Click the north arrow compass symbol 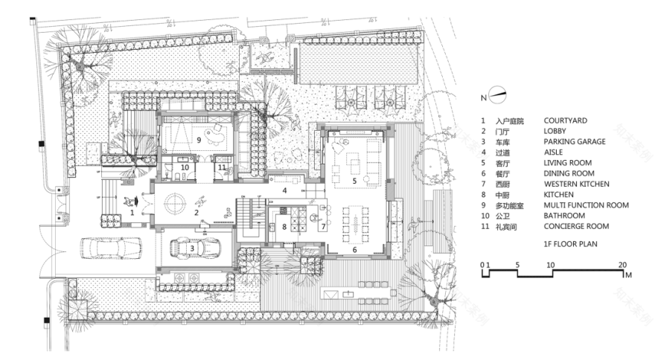[496, 94]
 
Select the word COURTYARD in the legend [565, 120]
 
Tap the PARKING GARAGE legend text [574, 141]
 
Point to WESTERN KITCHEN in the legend [576, 184]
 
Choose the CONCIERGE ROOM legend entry [575, 226]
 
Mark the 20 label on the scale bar [622, 265]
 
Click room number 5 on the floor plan [354, 181]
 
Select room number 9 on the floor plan [199, 139]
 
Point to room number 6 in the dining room [354, 250]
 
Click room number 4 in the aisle [284, 190]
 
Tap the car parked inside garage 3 [195, 247]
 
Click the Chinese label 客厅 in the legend [502, 163]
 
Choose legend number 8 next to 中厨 [482, 194]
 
